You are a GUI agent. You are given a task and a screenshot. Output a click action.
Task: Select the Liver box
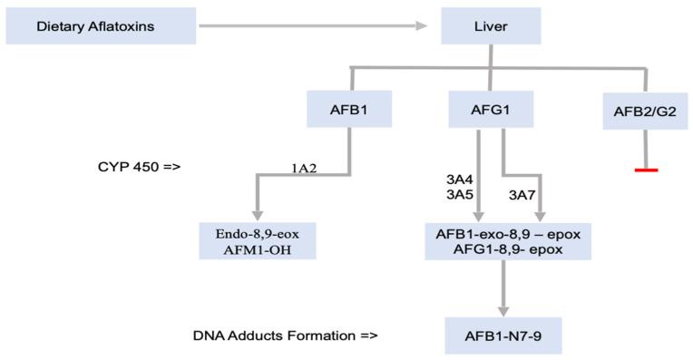[x=491, y=26]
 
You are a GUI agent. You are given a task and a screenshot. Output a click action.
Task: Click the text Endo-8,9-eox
[x=258, y=233]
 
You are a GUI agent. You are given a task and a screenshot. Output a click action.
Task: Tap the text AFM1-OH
[x=258, y=249]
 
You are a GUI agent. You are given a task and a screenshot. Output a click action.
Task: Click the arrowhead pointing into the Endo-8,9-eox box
[x=257, y=210]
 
